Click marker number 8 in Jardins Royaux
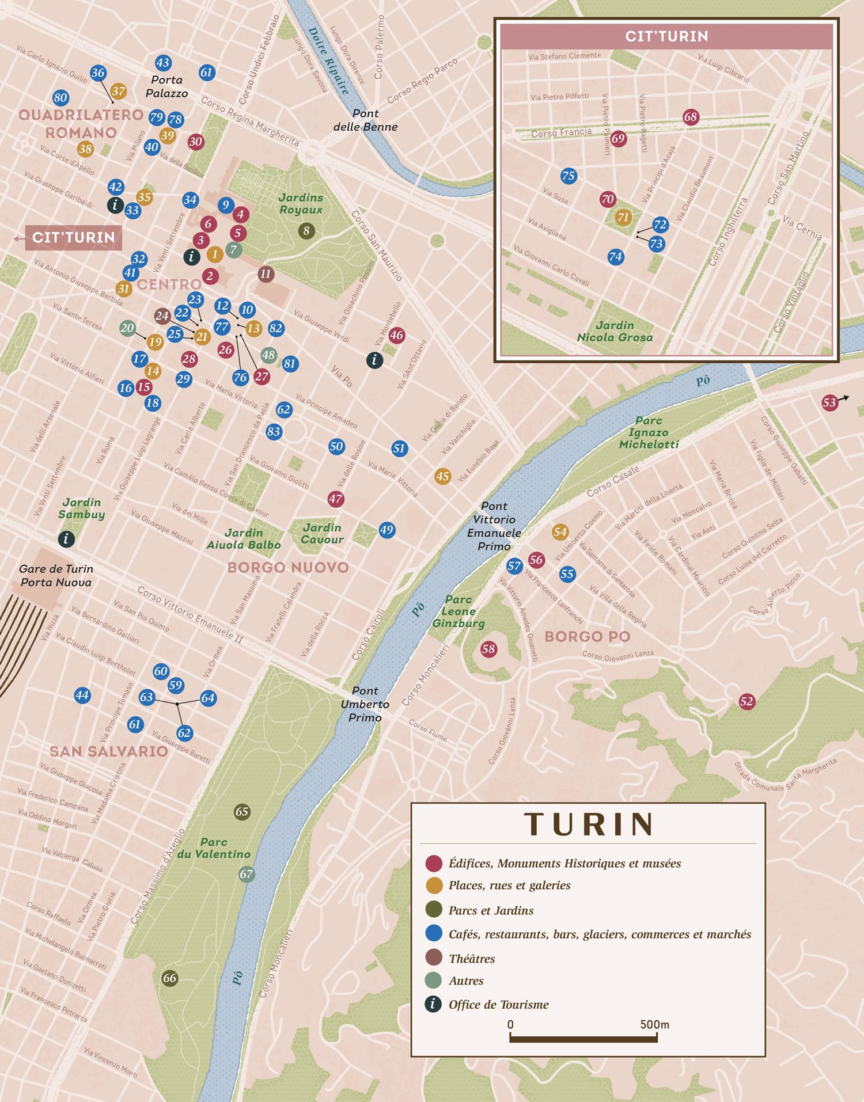tap(306, 231)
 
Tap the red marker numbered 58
tap(488, 649)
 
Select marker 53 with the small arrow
tap(829, 402)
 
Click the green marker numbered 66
tap(169, 978)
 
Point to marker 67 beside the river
tap(247, 874)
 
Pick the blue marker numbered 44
tap(82, 695)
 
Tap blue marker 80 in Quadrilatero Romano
tap(60, 97)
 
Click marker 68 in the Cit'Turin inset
tap(691, 117)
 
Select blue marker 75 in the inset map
tap(569, 176)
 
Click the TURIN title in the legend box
tap(589, 824)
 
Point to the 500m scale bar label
tap(654, 1024)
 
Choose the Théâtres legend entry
tap(472, 959)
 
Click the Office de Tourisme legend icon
tap(433, 1004)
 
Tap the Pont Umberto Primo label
tap(365, 704)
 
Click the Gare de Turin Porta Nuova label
tap(56, 575)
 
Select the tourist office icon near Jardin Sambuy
tap(66, 539)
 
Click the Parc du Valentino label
tap(214, 848)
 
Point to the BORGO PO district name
tap(587, 636)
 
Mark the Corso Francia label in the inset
tap(561, 132)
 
